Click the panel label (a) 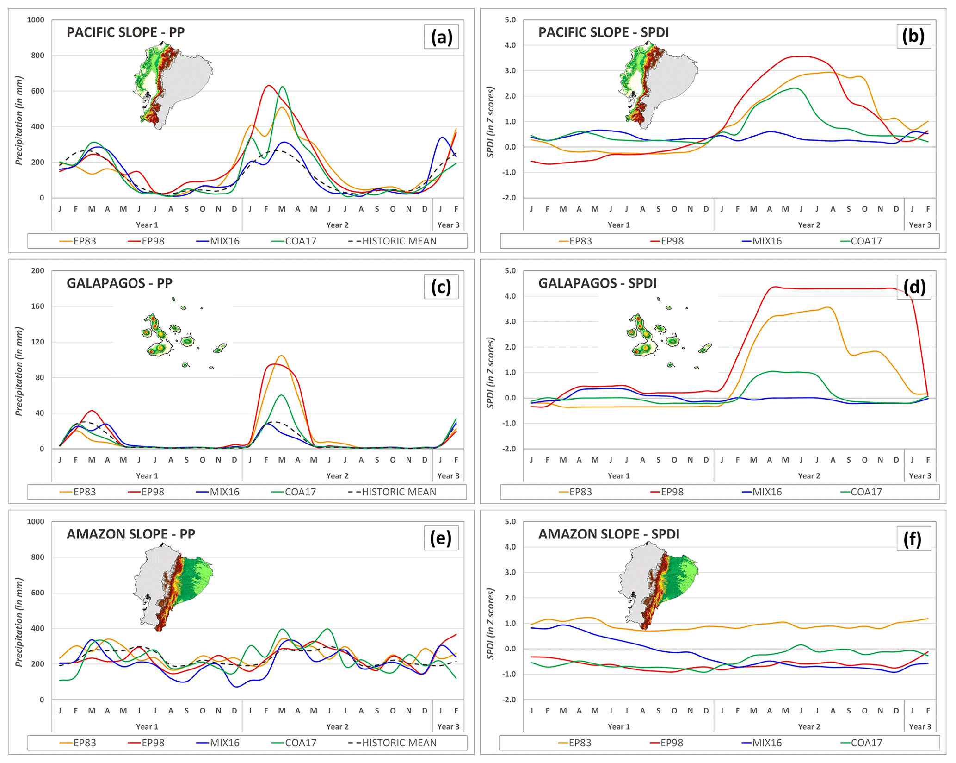pos(441,37)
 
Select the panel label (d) pos(913,287)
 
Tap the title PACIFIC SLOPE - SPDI pos(603,32)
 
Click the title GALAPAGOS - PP pos(119,283)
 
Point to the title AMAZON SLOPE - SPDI pos(609,534)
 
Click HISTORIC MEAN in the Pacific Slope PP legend pos(399,241)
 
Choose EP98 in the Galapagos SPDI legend pos(672,492)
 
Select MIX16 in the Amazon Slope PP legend pos(224,743)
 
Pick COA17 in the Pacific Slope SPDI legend pos(866,241)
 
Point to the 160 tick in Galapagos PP pos(37,306)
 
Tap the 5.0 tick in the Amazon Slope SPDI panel pos(510,522)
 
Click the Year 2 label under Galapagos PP pos(337,476)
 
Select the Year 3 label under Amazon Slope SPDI pos(919,727)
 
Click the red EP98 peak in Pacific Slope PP pos(268,86)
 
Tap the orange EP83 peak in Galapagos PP pos(281,356)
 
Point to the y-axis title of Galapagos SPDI pos(491,373)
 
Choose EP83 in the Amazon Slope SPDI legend pos(580,743)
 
